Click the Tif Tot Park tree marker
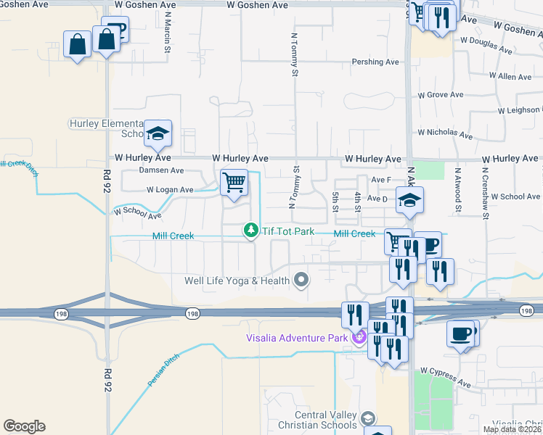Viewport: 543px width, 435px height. pos(251,230)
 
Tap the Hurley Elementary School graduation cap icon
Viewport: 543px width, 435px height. pos(158,133)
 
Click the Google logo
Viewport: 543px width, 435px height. pos(24,426)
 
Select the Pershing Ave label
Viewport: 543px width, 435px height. pos(375,62)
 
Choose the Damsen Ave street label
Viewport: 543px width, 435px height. pos(161,170)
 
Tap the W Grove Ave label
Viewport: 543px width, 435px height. pos(441,95)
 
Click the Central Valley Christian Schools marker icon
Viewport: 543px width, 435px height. pos(369,418)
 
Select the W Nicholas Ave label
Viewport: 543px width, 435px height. pos(444,133)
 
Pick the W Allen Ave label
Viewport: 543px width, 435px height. pos(510,76)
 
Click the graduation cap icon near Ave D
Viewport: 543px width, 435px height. pos(409,200)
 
